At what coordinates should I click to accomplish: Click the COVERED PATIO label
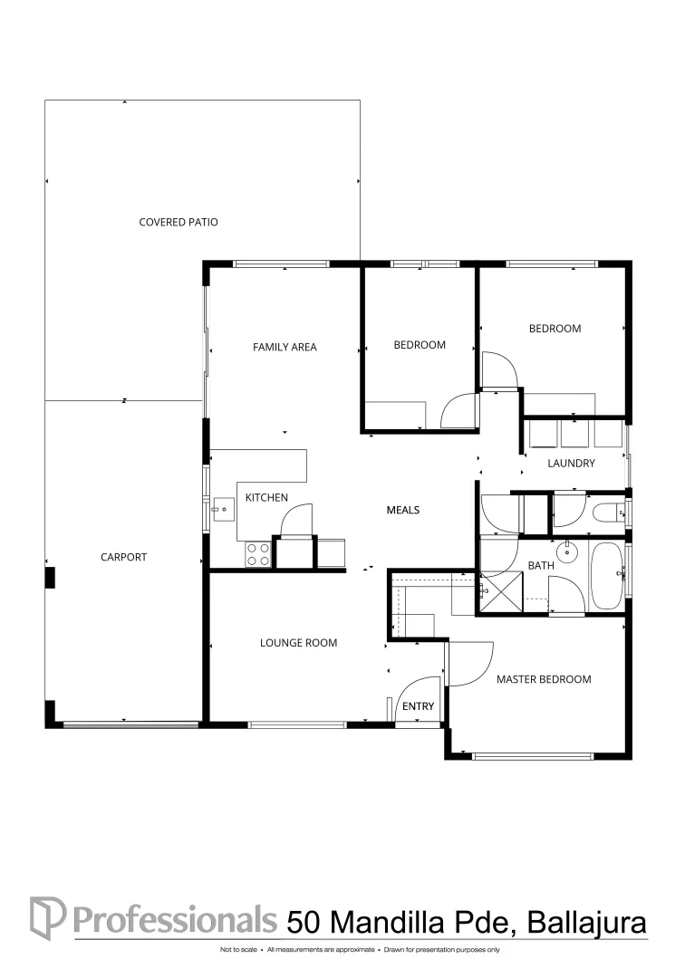[178, 222]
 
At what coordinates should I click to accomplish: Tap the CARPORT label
[123, 557]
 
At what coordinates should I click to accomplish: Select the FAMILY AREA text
[285, 347]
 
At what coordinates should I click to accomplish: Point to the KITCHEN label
[266, 497]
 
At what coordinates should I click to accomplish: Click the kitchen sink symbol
[222, 509]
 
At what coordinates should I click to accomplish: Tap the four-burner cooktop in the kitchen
[257, 554]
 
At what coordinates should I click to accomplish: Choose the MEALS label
[403, 510]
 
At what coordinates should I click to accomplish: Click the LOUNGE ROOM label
[298, 642]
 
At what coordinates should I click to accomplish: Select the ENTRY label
[418, 706]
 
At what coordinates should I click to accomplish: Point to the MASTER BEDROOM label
[544, 679]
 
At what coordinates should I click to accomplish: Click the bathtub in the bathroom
[606, 576]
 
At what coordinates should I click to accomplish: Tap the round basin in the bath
[568, 552]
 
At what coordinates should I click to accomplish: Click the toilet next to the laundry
[606, 513]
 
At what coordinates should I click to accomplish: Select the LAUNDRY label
[571, 463]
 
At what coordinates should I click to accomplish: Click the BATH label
[541, 565]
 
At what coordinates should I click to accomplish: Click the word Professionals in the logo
[175, 919]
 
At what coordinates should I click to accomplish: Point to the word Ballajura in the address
[586, 923]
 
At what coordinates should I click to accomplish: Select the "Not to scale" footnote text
[238, 950]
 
